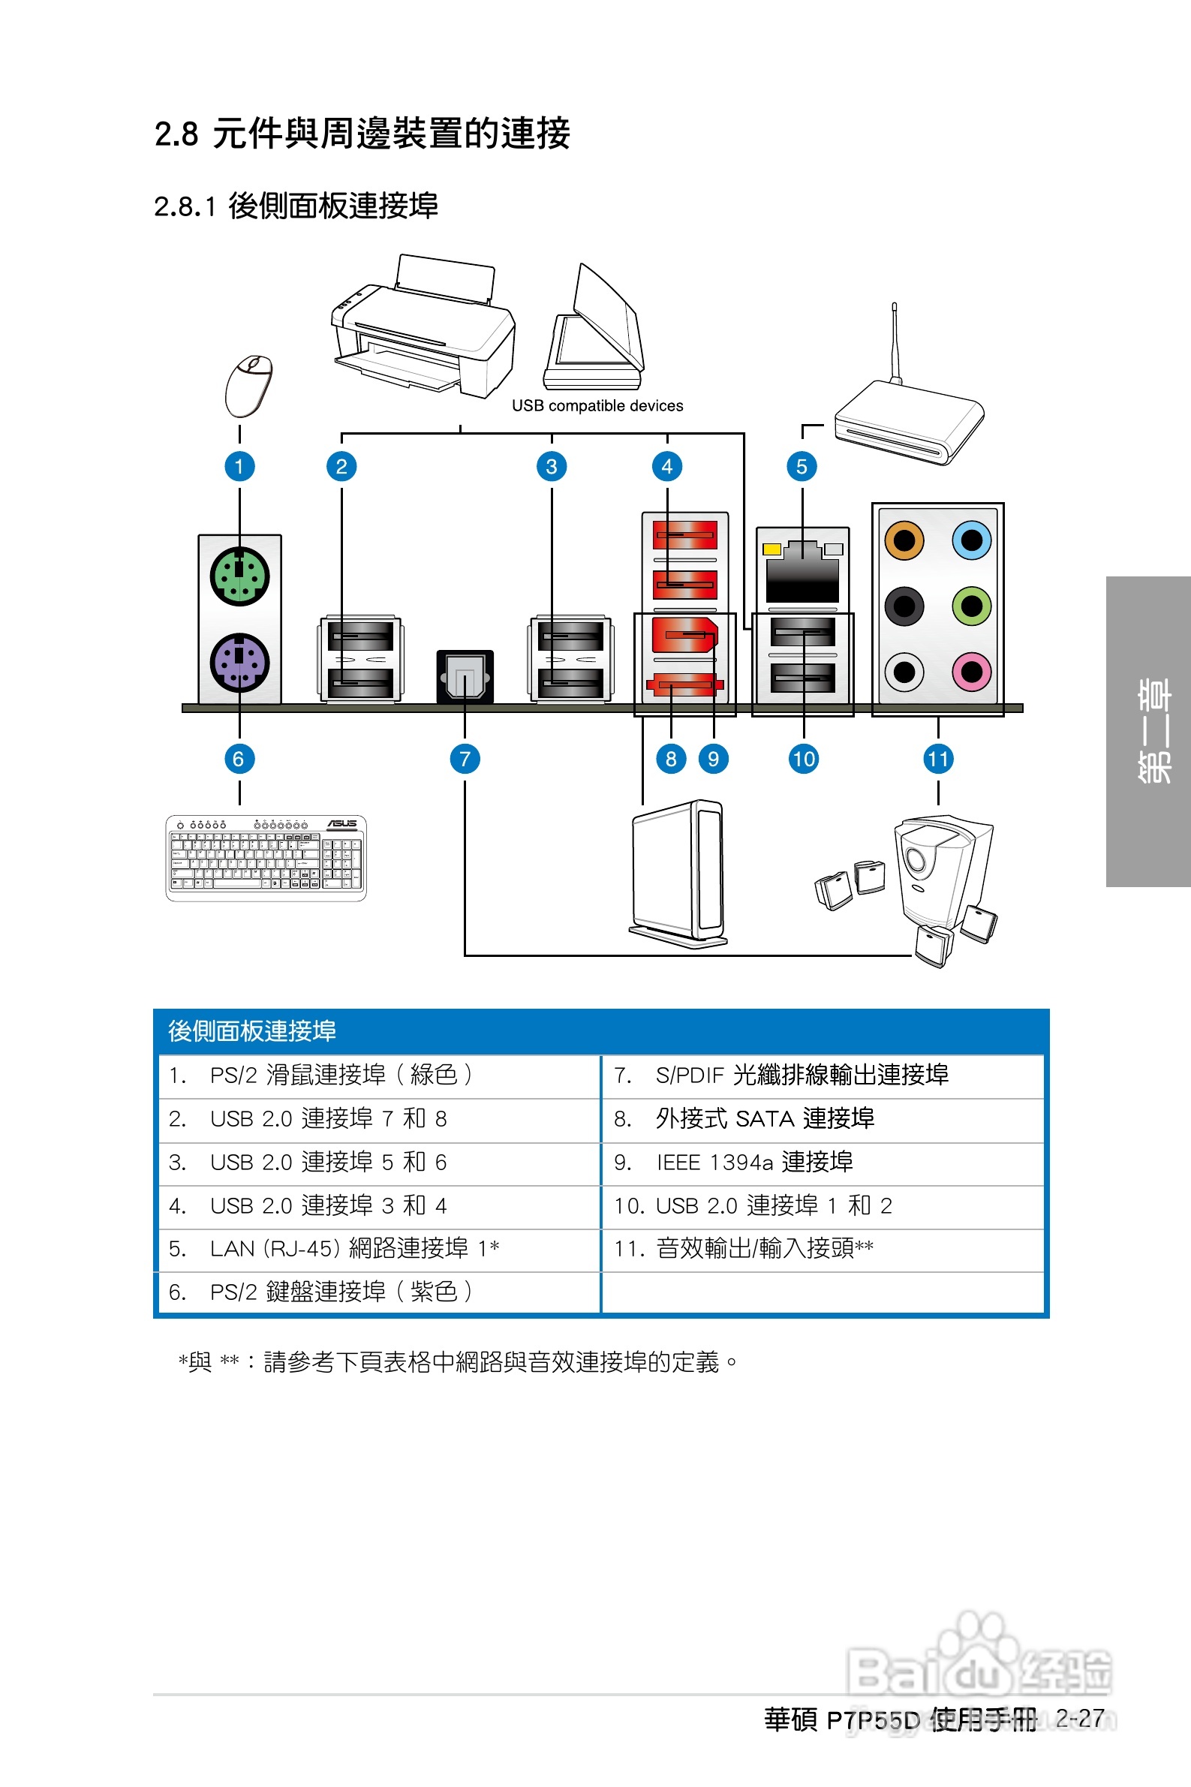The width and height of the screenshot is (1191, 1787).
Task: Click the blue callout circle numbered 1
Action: click(x=239, y=466)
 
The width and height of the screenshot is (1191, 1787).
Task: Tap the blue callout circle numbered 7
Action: click(x=465, y=759)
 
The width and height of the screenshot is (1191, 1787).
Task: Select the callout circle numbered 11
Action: click(x=938, y=759)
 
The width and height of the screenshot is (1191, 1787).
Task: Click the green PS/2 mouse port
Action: click(x=239, y=576)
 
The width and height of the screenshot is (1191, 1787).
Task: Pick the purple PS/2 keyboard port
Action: click(x=239, y=662)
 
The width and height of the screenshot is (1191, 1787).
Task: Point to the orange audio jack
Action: click(x=904, y=540)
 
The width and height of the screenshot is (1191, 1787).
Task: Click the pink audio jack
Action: click(x=971, y=672)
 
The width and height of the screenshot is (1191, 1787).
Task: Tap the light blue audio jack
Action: click(x=971, y=540)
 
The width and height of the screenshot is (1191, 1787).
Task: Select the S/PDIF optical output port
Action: click(x=465, y=677)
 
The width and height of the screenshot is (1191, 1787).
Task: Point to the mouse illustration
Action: click(x=249, y=386)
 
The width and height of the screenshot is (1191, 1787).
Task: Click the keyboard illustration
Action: click(x=266, y=859)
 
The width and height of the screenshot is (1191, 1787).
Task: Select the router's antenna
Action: click(x=895, y=341)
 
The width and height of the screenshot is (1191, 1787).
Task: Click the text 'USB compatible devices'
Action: click(x=597, y=405)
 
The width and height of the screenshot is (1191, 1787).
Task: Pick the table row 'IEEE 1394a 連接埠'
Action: click(x=754, y=1162)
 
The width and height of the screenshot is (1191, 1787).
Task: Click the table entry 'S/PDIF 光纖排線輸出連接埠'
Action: click(x=802, y=1075)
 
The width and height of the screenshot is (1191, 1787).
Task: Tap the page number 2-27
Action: click(x=1079, y=1719)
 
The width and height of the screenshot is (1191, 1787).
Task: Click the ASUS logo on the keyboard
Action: click(x=341, y=823)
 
